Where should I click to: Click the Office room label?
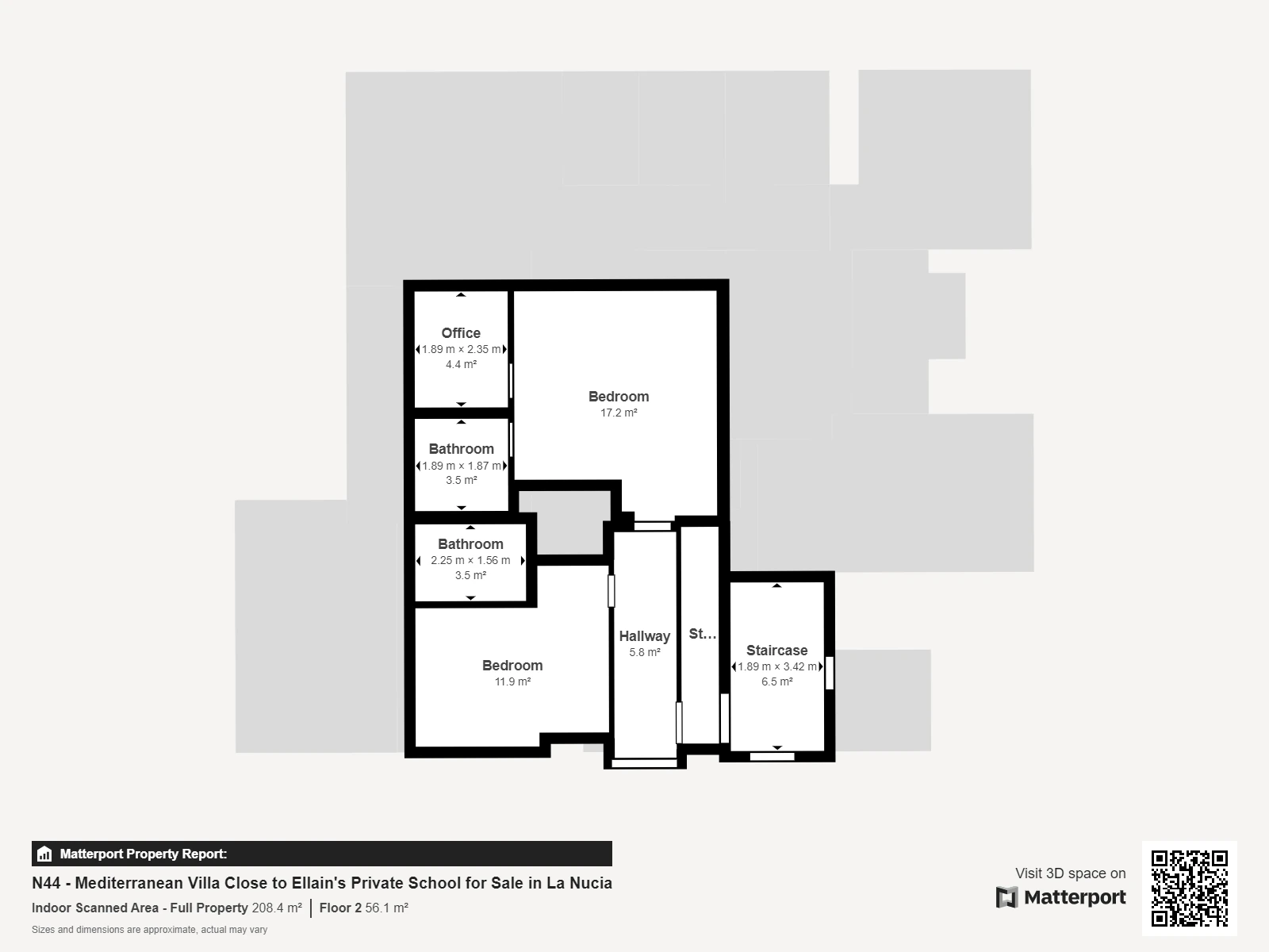coord(461,333)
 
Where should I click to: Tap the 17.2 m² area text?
coord(619,413)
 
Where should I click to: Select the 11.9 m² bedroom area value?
coord(512,681)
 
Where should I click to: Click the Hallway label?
coord(645,636)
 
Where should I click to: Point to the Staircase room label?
coord(776,651)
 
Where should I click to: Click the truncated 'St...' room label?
coord(703,634)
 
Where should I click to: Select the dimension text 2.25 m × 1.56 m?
coord(470,560)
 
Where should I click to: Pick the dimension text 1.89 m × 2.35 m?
coord(461,349)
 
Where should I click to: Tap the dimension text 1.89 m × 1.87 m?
coord(461,466)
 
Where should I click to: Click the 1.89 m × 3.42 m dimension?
coord(776,666)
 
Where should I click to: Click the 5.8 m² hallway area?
coord(645,653)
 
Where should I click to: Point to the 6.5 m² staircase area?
coord(776,682)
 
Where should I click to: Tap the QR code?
coord(1189,888)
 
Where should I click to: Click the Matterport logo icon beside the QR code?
coord(1006,897)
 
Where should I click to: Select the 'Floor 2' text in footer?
coord(340,908)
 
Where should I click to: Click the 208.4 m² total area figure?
coord(277,908)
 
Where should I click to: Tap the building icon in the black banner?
coord(44,854)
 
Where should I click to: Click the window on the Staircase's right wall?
coord(829,673)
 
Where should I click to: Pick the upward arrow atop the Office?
coord(461,295)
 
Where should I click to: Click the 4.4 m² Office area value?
coord(461,365)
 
